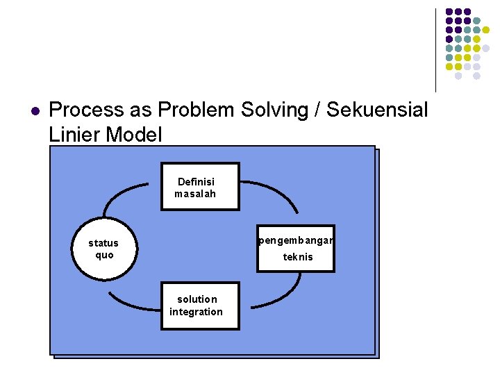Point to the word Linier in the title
coord(74,134)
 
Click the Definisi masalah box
coord(199,187)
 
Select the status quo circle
coord(103,249)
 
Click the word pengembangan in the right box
coord(296,241)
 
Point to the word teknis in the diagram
coord(298,257)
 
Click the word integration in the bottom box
coord(197,312)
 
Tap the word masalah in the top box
coord(195,194)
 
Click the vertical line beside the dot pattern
coord(435,50)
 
